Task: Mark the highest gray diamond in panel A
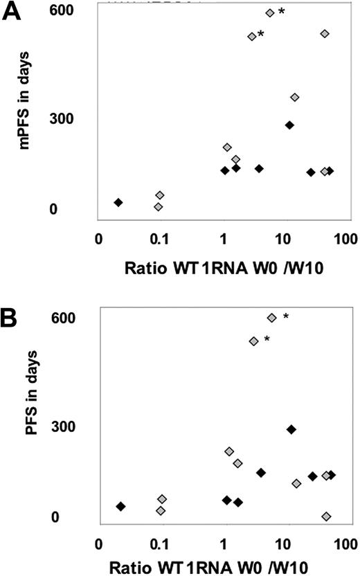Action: coord(270,13)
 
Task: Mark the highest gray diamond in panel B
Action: coord(272,317)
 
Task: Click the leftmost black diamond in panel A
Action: coord(118,202)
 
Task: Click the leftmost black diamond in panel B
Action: coord(120,507)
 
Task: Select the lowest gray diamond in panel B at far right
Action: coord(326,516)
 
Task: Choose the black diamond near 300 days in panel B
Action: coord(291,429)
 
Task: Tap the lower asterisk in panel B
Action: coord(267,339)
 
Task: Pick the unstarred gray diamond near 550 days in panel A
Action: coord(325,33)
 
